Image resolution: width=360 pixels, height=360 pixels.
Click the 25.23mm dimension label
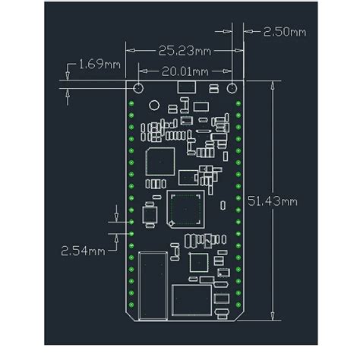pos(185,52)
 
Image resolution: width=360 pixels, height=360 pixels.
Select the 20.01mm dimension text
pos(185,71)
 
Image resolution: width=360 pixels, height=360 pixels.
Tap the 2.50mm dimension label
pos(285,33)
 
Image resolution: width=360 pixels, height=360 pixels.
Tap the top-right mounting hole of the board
pos(233,88)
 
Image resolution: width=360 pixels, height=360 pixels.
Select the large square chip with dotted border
pos(185,210)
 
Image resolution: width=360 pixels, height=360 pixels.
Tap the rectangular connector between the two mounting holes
pos(185,88)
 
